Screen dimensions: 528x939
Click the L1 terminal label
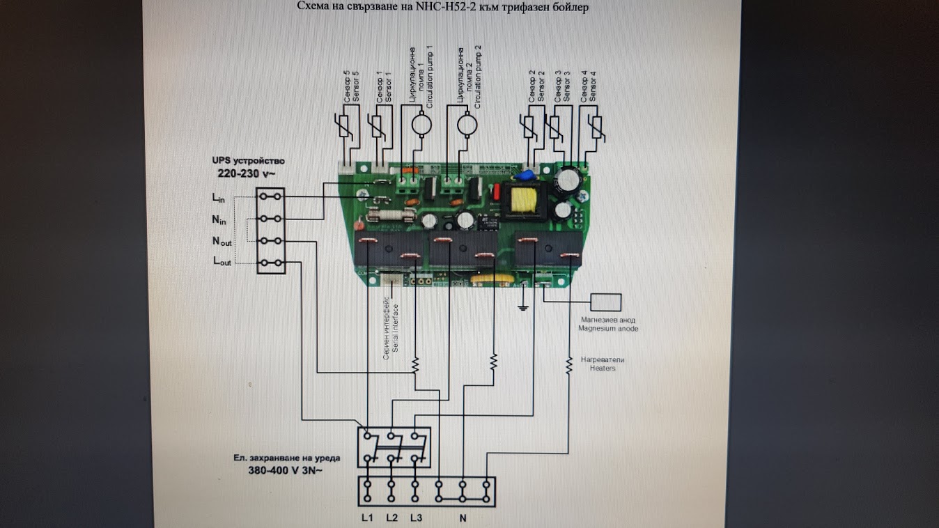[x=368, y=518]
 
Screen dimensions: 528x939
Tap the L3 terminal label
[x=416, y=518]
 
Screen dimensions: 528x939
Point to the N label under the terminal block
[x=462, y=518]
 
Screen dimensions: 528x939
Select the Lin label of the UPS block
[x=219, y=198]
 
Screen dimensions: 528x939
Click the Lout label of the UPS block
[x=221, y=263]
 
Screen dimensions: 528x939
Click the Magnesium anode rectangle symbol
[x=605, y=302]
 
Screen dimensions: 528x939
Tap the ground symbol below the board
[x=522, y=306]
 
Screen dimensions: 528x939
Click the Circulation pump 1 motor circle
[x=421, y=124]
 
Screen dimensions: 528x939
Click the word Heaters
[x=603, y=368]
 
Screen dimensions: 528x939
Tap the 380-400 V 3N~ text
[x=286, y=470]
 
